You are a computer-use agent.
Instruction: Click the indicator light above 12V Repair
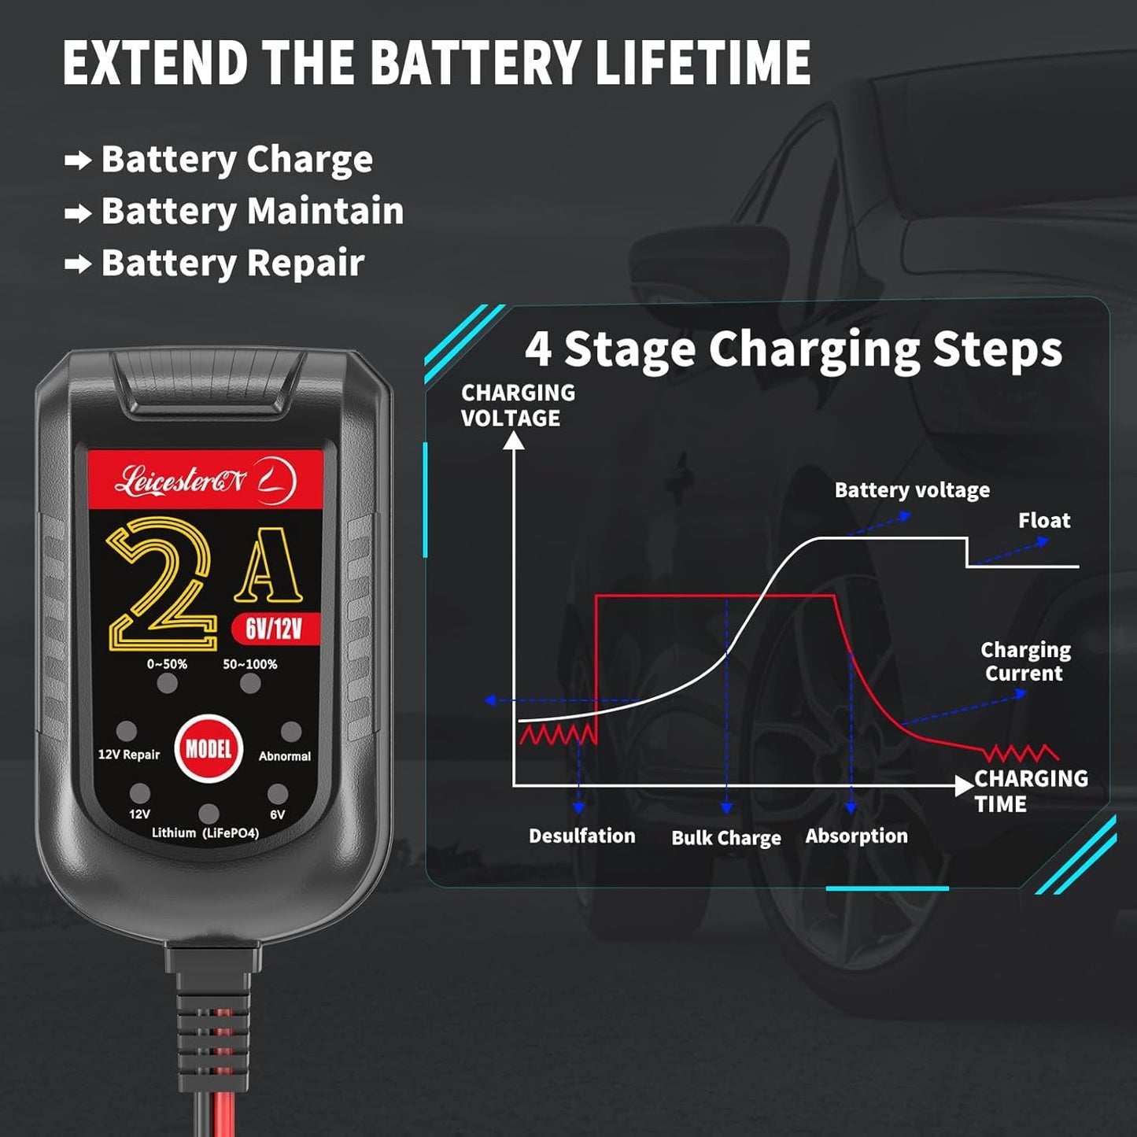click(126, 730)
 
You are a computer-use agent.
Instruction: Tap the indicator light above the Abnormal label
click(290, 732)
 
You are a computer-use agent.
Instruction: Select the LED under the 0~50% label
click(167, 683)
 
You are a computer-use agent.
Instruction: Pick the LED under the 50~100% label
click(250, 683)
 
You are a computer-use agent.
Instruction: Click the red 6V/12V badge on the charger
click(275, 629)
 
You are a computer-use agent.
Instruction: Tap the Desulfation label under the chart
click(581, 836)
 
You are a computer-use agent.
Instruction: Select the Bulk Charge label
click(726, 838)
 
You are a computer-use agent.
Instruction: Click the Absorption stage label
click(857, 836)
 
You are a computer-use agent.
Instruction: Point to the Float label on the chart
click(1044, 520)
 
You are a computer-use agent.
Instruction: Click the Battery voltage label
click(912, 490)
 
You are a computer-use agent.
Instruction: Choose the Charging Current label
click(1025, 662)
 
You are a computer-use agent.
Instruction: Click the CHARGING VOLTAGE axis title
click(518, 405)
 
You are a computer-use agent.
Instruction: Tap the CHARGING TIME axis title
click(1031, 792)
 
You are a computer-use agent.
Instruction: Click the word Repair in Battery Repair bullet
click(305, 263)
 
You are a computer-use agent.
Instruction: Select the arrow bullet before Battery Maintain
click(78, 213)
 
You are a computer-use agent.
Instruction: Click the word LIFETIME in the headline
click(703, 62)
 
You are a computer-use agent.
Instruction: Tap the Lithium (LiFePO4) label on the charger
click(205, 833)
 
